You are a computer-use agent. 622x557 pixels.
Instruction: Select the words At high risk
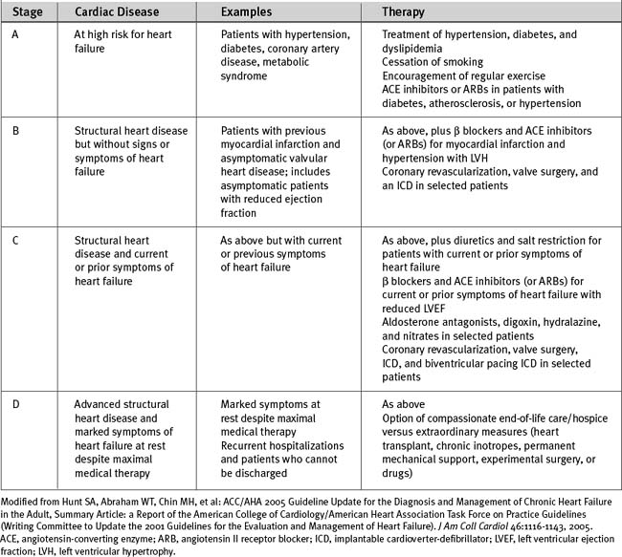[114, 32]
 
